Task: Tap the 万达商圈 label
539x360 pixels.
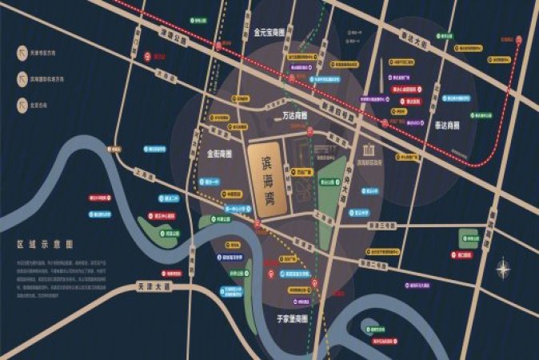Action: click(x=297, y=117)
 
